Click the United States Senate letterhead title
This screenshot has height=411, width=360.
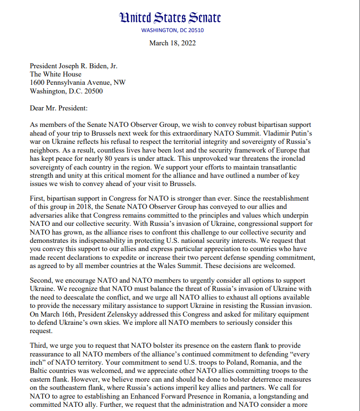[170, 18]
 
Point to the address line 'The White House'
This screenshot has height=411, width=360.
[55, 74]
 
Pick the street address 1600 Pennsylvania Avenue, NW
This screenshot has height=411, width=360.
[77, 82]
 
